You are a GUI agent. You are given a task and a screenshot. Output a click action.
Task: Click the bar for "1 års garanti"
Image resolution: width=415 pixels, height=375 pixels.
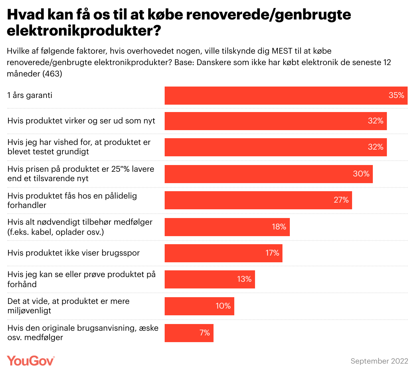(274, 96)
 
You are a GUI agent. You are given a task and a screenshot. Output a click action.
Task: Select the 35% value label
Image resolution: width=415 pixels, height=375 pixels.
(396, 95)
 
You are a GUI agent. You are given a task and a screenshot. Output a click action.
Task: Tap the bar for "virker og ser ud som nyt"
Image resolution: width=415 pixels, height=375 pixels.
(268, 121)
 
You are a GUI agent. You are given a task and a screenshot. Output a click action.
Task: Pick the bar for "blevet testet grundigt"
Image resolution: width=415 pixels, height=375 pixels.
(268, 147)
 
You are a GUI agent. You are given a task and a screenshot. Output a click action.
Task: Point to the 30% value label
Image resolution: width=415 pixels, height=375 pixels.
(361, 174)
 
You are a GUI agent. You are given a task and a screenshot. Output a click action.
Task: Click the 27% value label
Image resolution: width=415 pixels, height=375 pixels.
(341, 200)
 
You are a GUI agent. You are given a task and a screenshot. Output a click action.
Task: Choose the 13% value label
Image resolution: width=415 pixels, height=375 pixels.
(244, 279)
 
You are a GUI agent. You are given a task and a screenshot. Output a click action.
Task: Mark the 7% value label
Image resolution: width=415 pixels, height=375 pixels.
(204, 333)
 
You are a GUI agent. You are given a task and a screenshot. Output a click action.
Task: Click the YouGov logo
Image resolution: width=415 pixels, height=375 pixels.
(31, 361)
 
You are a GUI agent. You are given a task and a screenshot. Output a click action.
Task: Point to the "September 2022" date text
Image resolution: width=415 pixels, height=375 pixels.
(379, 361)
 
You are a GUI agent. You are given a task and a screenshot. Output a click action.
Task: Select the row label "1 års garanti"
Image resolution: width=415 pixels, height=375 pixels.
(30, 95)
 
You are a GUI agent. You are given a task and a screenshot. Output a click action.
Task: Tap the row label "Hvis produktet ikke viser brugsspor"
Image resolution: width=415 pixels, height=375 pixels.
(74, 253)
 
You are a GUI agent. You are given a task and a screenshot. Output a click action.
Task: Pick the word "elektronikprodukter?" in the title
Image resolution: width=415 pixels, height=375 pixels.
(84, 31)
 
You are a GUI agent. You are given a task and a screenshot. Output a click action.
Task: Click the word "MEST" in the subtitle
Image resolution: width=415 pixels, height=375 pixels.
(282, 51)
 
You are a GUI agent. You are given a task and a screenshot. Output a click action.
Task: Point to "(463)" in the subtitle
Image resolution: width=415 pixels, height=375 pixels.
(53, 74)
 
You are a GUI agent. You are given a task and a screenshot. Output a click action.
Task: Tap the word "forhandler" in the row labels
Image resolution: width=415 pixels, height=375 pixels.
(27, 205)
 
